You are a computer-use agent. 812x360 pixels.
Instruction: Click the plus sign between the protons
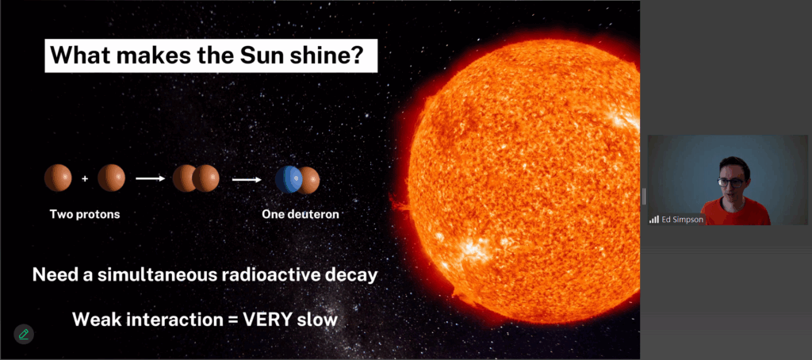(85, 178)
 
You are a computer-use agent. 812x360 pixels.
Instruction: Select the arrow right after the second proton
(150, 178)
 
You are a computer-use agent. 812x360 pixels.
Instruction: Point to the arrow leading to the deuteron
(247, 180)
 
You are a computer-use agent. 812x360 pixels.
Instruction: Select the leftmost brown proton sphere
(58, 178)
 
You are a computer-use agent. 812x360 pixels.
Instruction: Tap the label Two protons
(84, 214)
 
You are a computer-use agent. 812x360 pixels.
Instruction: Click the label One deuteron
(301, 214)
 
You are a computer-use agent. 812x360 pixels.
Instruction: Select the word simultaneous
(158, 274)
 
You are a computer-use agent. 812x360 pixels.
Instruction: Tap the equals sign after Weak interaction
(232, 320)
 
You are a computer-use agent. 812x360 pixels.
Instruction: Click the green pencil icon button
(23, 334)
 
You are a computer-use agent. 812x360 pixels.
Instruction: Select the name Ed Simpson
(682, 219)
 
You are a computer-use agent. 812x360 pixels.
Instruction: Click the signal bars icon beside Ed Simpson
(654, 220)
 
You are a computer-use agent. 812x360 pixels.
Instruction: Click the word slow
(317, 319)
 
